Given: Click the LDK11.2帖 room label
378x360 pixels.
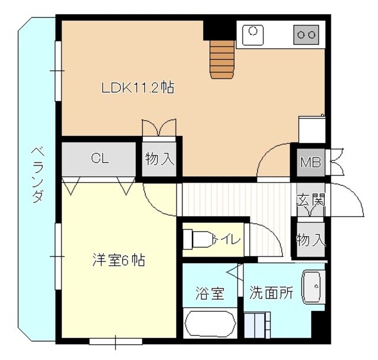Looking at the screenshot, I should click(x=138, y=89).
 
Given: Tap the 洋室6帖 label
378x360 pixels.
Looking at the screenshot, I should click(x=119, y=260).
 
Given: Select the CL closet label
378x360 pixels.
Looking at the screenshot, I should click(x=99, y=158).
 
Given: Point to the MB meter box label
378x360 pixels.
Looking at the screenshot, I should click(x=311, y=162).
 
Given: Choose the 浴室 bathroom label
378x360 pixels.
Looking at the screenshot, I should click(x=210, y=293).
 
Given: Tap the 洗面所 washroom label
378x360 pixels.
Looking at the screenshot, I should click(x=271, y=292).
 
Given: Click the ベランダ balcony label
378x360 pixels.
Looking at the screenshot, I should click(x=37, y=174).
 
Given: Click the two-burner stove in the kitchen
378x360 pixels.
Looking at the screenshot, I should click(x=306, y=35).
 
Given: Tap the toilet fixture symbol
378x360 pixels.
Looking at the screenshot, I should click(x=198, y=239).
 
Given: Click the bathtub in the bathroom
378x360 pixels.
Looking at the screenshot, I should click(x=210, y=324).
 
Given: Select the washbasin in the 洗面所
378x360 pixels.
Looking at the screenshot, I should click(x=312, y=288).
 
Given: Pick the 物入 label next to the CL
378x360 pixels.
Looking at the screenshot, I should click(x=160, y=158).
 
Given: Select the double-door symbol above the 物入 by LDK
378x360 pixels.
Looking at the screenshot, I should click(x=159, y=128).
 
